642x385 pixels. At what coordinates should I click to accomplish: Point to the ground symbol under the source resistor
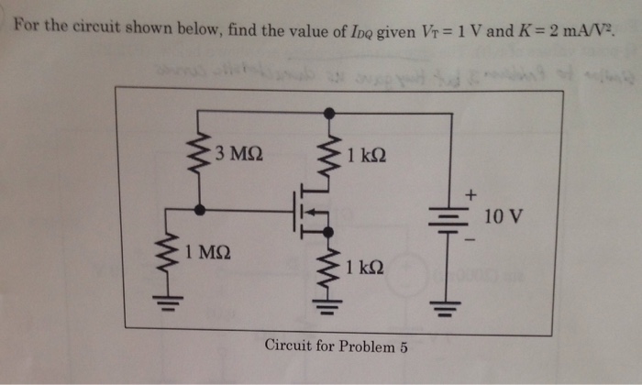point(328,304)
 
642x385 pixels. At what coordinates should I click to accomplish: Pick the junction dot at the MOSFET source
point(328,233)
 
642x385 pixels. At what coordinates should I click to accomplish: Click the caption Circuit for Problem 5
point(336,346)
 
